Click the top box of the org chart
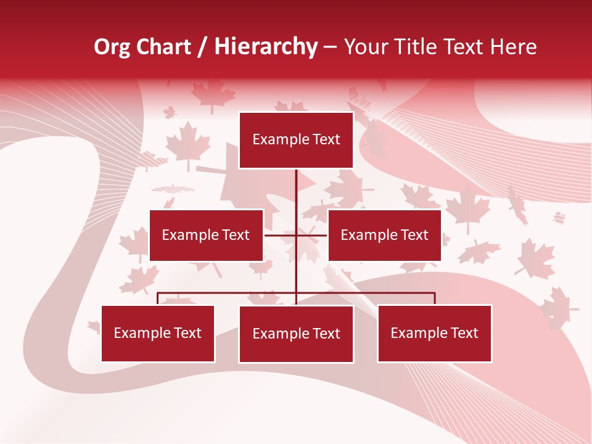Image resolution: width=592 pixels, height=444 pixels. (296, 140)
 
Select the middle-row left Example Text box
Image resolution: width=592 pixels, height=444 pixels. (206, 235)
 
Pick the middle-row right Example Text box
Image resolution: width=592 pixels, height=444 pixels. (384, 235)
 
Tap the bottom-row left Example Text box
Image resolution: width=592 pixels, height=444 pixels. (158, 333)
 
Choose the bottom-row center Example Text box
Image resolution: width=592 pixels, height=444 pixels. (296, 334)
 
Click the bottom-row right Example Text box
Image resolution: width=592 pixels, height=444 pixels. (434, 333)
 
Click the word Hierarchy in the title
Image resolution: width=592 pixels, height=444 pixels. (266, 47)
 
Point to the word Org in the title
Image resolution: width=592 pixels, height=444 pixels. (113, 47)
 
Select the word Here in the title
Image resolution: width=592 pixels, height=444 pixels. (514, 47)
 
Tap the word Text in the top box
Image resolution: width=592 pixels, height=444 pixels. (326, 139)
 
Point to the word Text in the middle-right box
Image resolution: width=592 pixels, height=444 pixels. (414, 235)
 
